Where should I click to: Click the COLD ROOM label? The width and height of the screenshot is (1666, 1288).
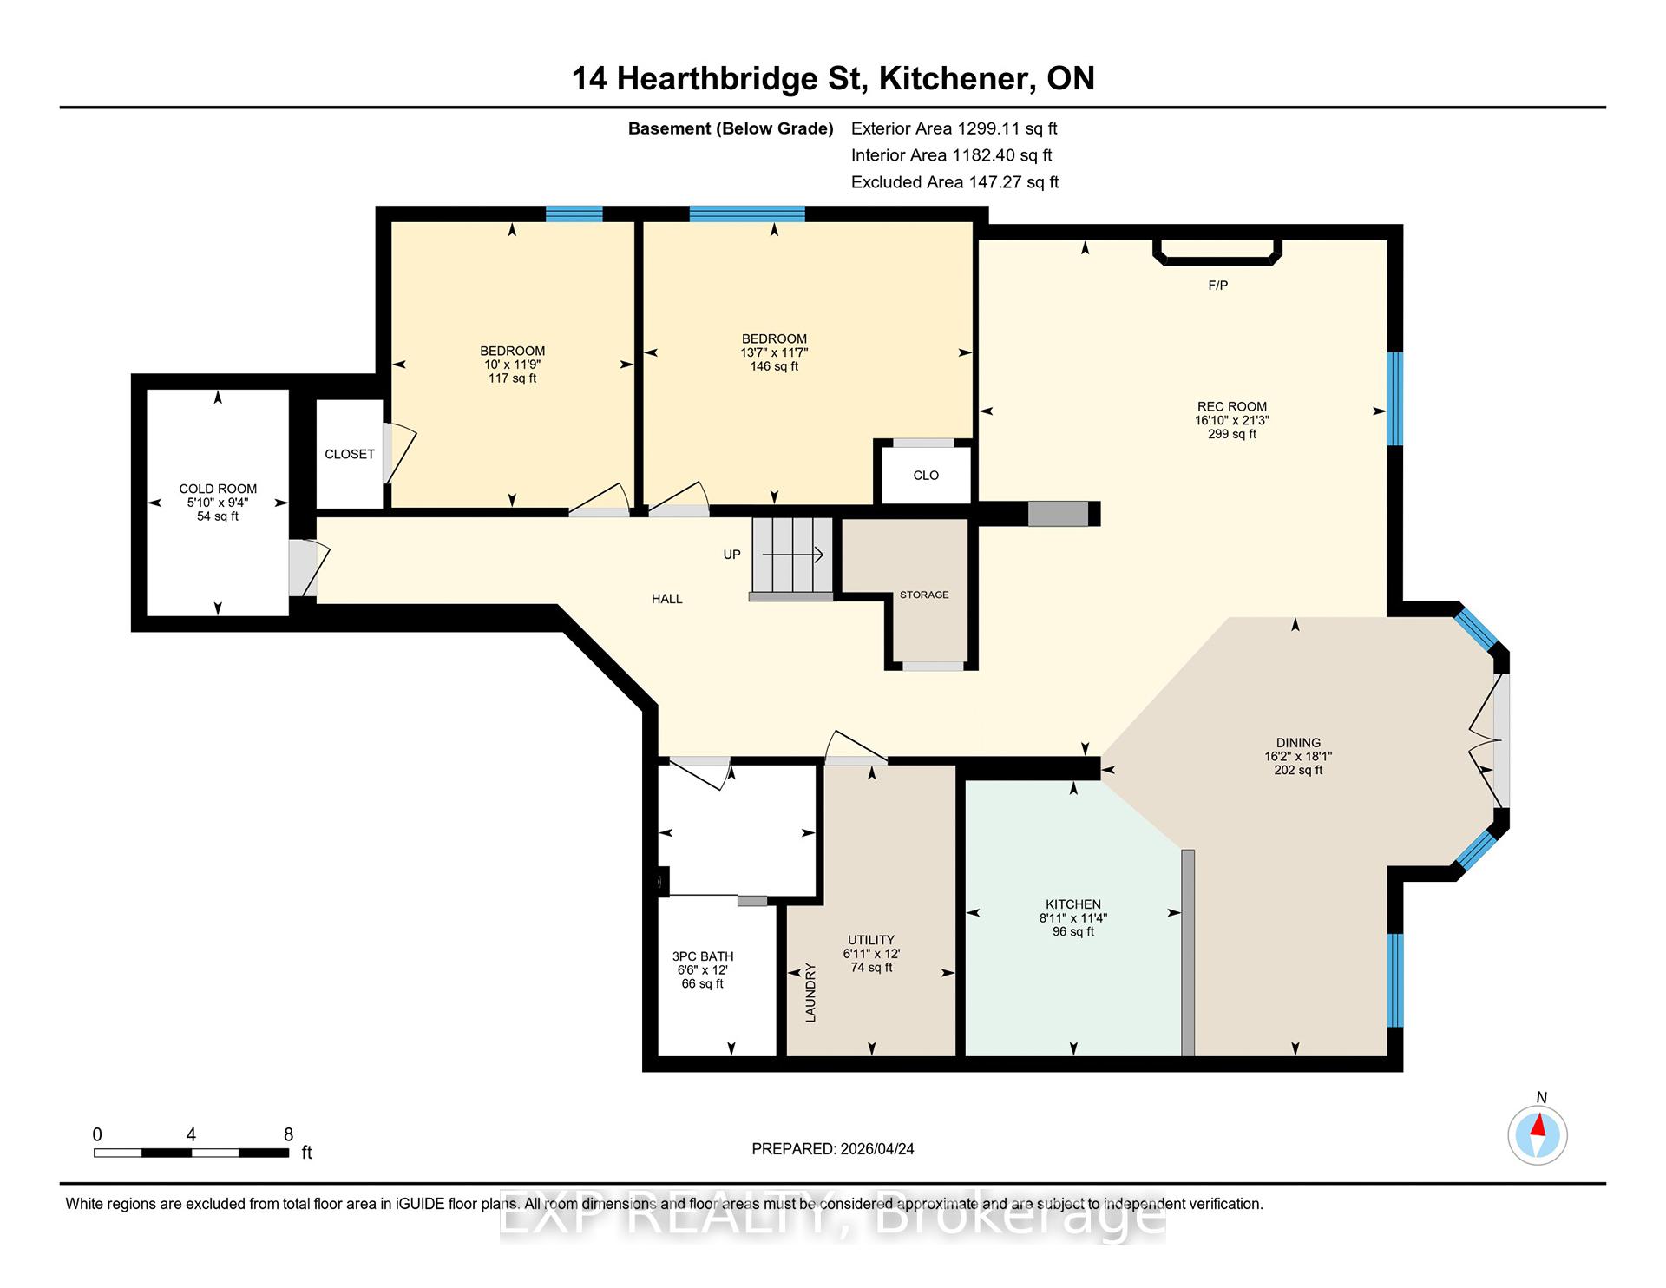point(218,489)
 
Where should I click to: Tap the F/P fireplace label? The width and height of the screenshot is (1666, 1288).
point(1218,286)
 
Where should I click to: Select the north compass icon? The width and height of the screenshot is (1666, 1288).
point(1538,1134)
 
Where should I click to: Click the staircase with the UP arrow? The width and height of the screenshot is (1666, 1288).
point(792,559)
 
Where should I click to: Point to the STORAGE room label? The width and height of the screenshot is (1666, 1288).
point(924,595)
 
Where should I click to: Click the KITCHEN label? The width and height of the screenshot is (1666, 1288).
point(1073,904)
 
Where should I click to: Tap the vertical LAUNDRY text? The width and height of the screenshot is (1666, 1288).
point(811,992)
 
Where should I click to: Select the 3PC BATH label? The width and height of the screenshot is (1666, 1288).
point(703,956)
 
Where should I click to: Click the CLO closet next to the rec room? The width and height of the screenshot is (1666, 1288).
point(926,475)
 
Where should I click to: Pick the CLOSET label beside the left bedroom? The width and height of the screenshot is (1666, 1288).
point(350,454)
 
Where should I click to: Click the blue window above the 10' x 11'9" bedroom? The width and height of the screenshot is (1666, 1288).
point(574,214)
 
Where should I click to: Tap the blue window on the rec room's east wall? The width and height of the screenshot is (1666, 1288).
point(1394,398)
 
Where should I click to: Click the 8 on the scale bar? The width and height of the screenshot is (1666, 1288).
point(289,1134)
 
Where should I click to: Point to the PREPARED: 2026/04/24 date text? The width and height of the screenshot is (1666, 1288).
point(833,1149)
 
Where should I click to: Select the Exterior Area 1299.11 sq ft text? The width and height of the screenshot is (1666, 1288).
point(954,128)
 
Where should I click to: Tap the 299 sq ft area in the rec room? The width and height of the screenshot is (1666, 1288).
point(1232,434)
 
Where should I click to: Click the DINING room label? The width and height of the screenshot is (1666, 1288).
point(1298,743)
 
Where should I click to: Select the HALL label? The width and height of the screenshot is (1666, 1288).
point(667,599)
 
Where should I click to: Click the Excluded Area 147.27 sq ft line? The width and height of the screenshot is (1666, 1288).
point(955,182)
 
